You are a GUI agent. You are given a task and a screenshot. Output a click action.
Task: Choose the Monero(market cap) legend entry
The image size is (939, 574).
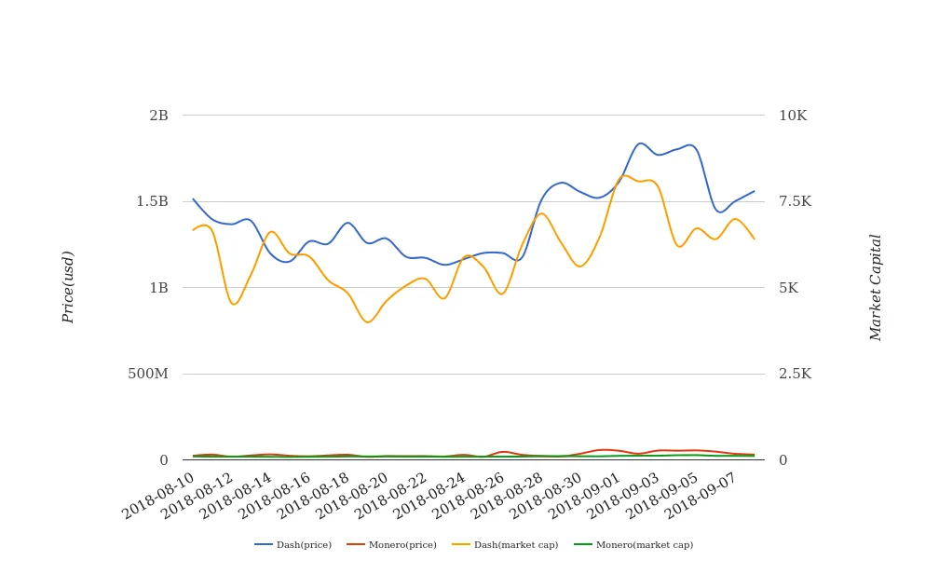pyautogui.click(x=644, y=545)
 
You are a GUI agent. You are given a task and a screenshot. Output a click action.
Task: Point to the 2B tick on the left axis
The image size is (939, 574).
pyautogui.click(x=158, y=116)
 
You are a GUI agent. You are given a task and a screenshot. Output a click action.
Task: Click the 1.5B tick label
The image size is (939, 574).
pyautogui.click(x=153, y=201)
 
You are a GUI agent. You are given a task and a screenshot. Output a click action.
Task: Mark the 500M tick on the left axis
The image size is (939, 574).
pyautogui.click(x=148, y=374)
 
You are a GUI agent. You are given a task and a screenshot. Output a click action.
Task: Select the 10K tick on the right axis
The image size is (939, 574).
pyautogui.click(x=793, y=116)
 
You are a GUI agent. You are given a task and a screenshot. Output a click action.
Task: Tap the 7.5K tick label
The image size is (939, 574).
pyautogui.click(x=795, y=201)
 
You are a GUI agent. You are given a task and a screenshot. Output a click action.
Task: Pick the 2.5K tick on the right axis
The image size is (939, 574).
pyautogui.click(x=795, y=374)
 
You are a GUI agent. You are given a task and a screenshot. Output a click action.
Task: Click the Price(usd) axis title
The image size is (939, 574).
pyautogui.click(x=68, y=287)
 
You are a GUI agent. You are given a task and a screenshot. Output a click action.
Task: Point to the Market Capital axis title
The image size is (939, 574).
pyautogui.click(x=876, y=287)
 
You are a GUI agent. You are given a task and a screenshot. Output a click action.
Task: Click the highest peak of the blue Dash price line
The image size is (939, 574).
pyautogui.click(x=640, y=143)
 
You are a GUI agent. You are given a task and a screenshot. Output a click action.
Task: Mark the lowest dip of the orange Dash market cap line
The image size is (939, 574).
pyautogui.click(x=369, y=322)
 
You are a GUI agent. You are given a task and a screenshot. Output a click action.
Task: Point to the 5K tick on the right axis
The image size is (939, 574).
pyautogui.click(x=788, y=288)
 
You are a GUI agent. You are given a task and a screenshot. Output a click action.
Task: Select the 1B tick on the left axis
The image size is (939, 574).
pyautogui.click(x=158, y=288)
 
